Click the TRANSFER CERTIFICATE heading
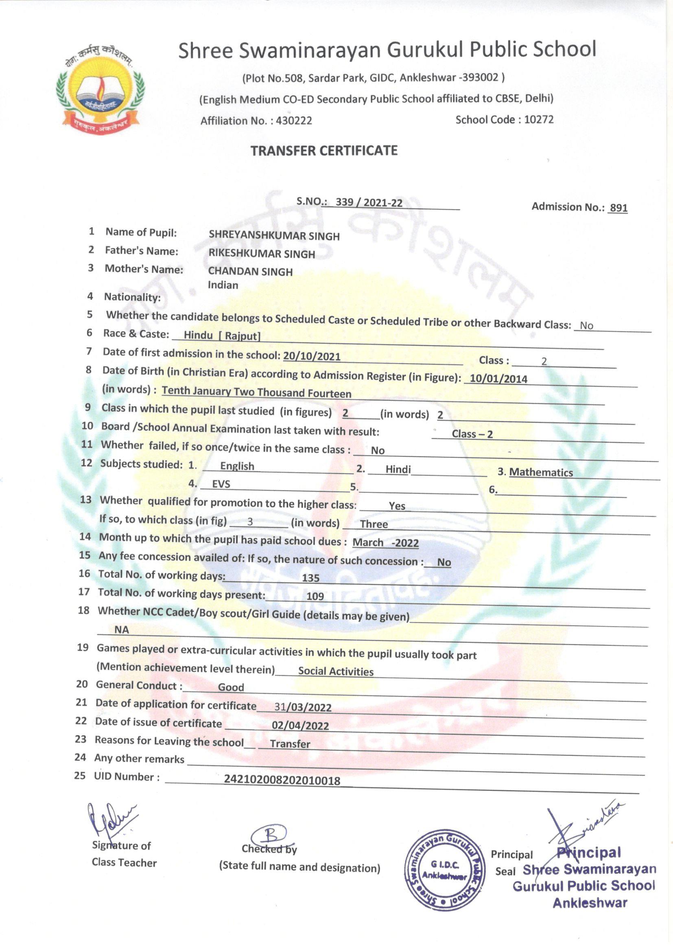[323, 150]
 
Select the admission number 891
[618, 208]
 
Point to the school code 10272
[539, 119]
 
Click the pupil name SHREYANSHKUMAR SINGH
[274, 235]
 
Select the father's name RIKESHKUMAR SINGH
[262, 254]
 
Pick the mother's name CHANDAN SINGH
[250, 272]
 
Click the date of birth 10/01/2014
[498, 379]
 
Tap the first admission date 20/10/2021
[312, 356]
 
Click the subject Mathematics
[541, 472]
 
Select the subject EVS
[221, 484]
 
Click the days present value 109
[315, 596]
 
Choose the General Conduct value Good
[231, 687]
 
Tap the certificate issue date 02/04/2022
[300, 726]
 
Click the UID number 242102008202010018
[282, 780]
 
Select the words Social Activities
[336, 671]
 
